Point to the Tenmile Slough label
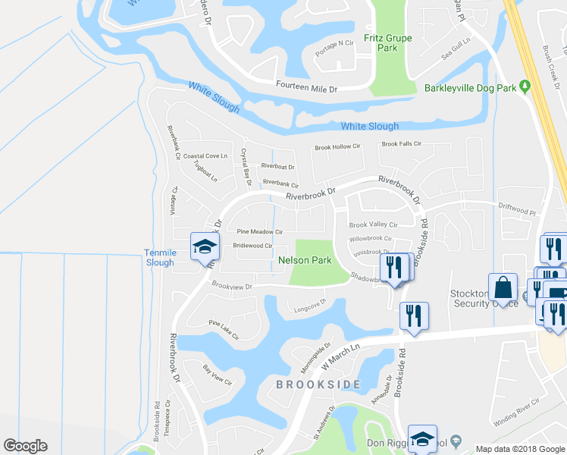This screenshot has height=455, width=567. (x=159, y=257)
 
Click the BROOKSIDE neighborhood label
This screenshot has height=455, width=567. (x=318, y=384)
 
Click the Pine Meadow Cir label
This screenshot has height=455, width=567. (x=259, y=231)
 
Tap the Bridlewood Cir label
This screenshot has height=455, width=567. (x=252, y=246)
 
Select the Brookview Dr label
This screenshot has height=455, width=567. (x=231, y=287)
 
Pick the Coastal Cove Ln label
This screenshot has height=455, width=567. (x=205, y=155)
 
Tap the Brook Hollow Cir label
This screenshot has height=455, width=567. (x=338, y=146)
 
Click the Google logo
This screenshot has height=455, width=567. (x=25, y=445)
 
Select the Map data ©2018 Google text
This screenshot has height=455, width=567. (x=519, y=448)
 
